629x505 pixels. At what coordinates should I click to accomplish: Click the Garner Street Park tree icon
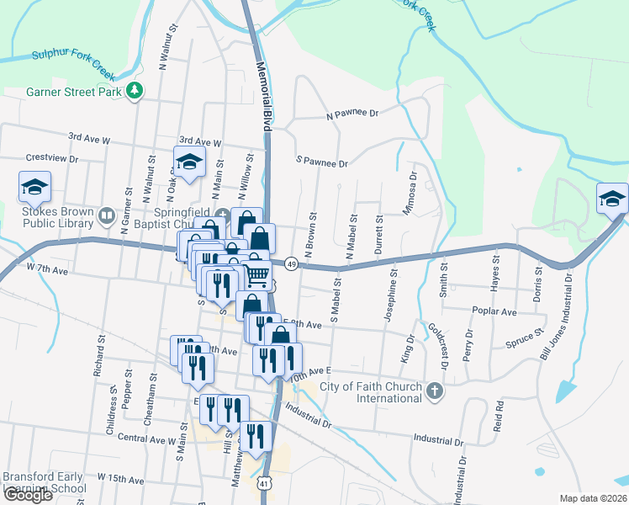coord(134,91)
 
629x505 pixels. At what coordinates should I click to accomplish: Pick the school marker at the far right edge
coord(611,199)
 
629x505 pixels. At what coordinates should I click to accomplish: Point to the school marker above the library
coord(34,187)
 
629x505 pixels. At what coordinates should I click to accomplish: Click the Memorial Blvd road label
coord(260,93)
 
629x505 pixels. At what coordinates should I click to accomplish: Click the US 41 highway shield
coord(264,483)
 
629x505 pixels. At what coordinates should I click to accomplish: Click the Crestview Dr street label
coord(52,157)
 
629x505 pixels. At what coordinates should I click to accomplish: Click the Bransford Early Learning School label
coord(44,481)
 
